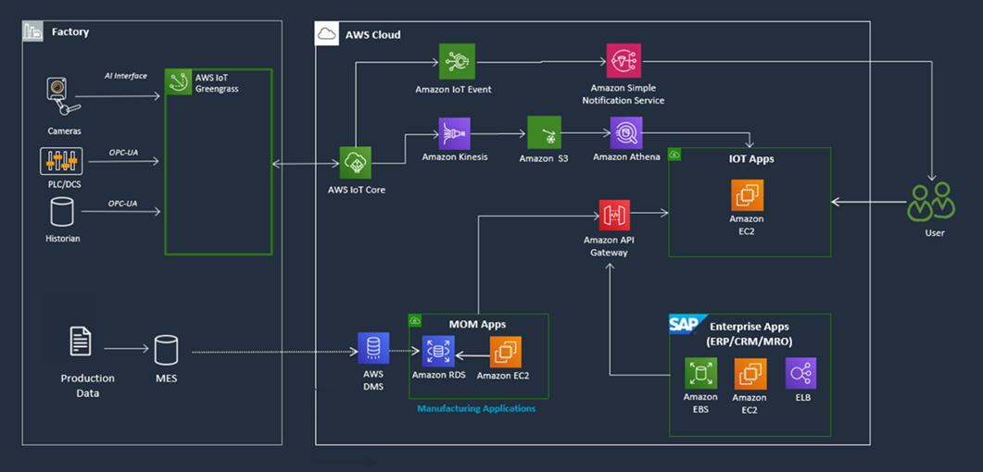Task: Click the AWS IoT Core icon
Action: coord(357,163)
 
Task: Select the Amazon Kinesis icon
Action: coord(454,133)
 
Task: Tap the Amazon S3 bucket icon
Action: coord(544,133)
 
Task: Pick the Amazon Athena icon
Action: coord(626,133)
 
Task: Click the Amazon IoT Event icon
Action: coord(458,61)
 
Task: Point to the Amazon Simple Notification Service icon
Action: coord(624,61)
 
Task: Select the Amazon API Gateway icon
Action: coord(614,216)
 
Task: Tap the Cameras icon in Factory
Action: coord(60,96)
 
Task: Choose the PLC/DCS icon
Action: coord(61,161)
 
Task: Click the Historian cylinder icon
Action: coord(62,212)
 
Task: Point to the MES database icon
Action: coord(166,350)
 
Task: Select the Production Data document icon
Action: coord(82,342)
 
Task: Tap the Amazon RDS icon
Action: coord(439,352)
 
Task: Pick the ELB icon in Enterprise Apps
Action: coord(801,374)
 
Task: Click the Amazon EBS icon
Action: coord(700,374)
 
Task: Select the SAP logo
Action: coord(687,325)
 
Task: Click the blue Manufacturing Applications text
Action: coord(476,408)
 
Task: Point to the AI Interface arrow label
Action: coord(124,76)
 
